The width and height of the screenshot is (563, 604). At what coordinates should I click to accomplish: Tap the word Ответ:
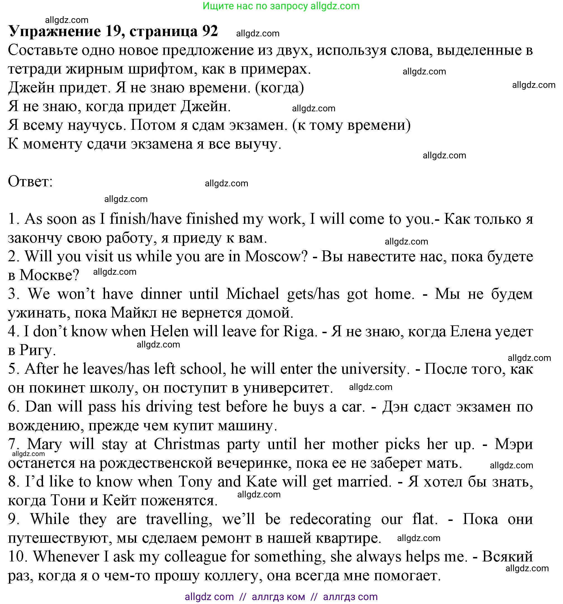pos(30,181)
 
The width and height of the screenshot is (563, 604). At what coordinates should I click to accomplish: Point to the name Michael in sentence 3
pos(253,294)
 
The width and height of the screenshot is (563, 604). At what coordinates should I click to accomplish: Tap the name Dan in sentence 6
pos(38,406)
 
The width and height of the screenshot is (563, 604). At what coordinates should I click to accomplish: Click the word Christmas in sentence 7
pos(187,444)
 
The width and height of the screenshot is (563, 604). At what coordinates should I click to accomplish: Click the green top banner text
pos(281,6)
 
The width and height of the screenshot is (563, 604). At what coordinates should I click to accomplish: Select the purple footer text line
pos(281,597)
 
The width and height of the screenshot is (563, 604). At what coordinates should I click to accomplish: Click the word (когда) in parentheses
pos(279,88)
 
